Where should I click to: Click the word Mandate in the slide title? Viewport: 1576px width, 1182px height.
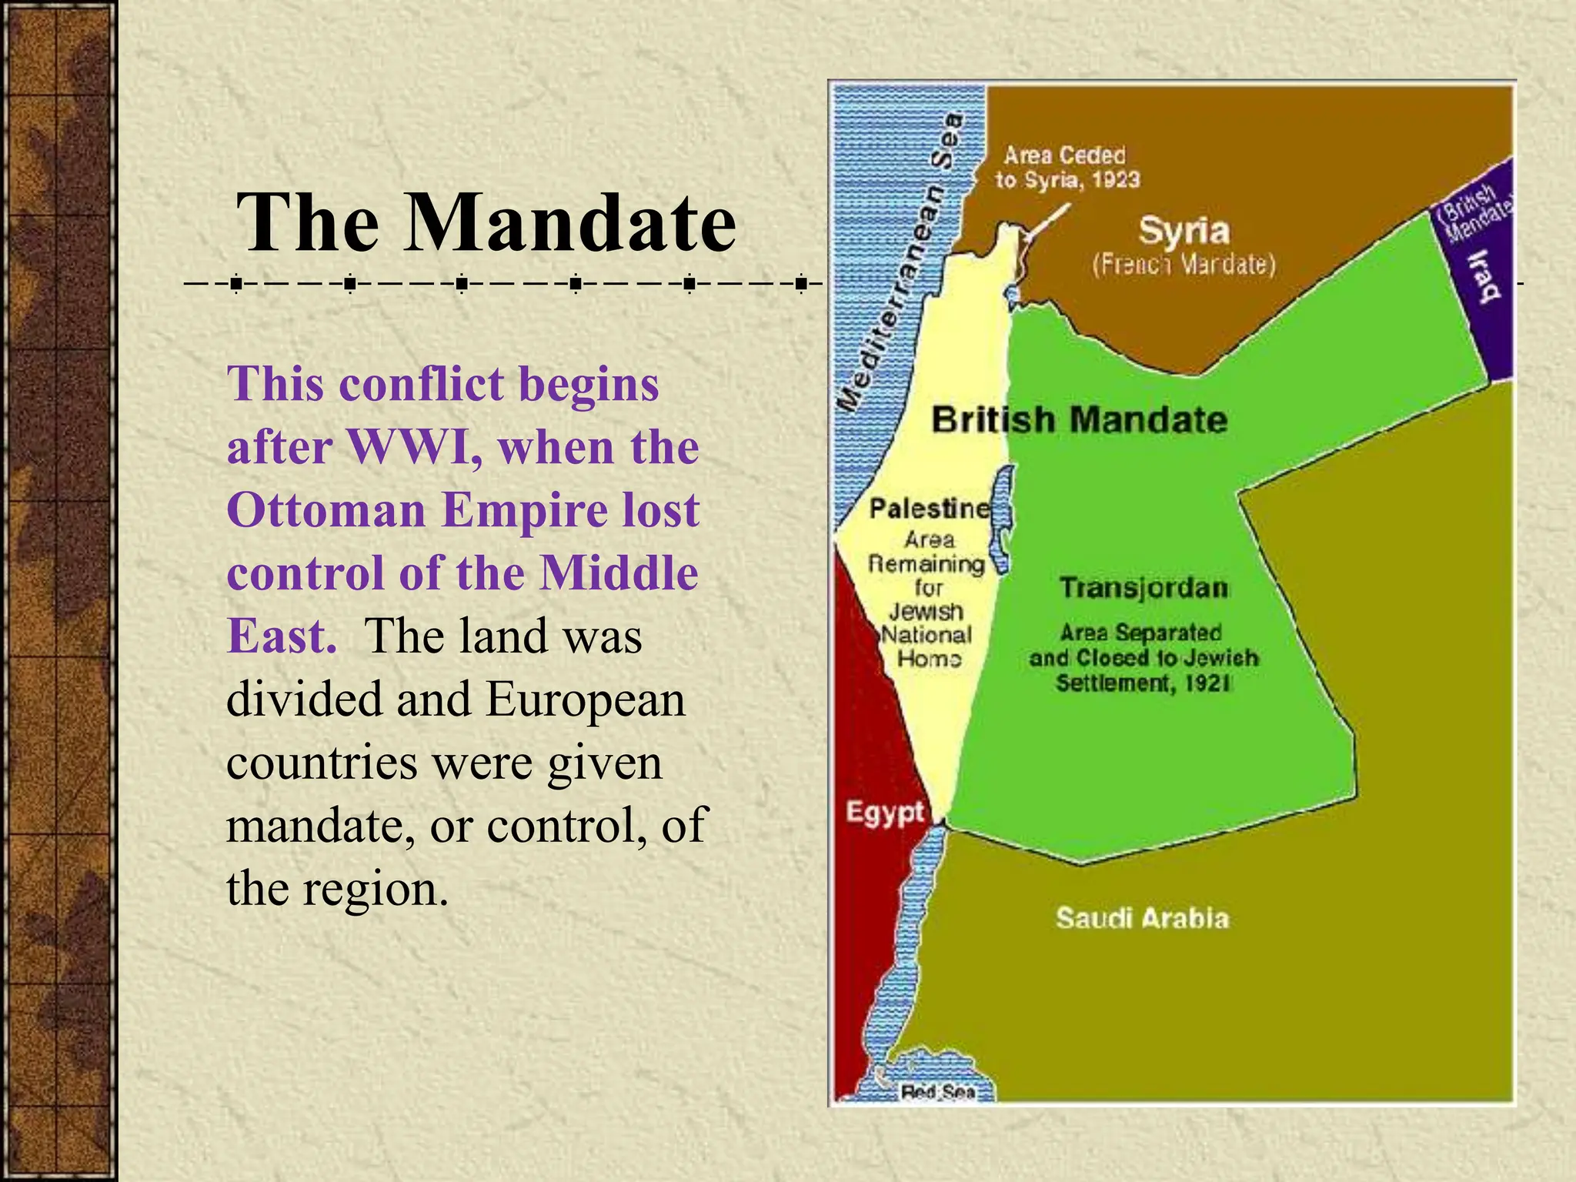point(570,222)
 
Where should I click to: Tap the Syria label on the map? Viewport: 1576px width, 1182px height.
point(1184,232)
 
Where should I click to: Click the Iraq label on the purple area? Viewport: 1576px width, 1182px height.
point(1484,275)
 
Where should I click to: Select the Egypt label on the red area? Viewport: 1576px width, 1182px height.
point(884,812)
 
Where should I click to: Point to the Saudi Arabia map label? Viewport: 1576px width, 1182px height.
point(1142,918)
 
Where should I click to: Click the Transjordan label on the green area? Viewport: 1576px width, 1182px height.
point(1144,588)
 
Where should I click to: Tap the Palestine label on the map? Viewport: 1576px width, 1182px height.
point(930,509)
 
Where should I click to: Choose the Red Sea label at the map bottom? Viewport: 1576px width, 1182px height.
point(938,1091)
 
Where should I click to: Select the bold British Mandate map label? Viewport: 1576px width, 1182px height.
point(1079,420)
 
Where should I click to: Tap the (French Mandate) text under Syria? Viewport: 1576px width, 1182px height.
point(1184,265)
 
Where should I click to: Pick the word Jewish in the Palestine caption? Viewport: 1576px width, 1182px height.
point(927,612)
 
